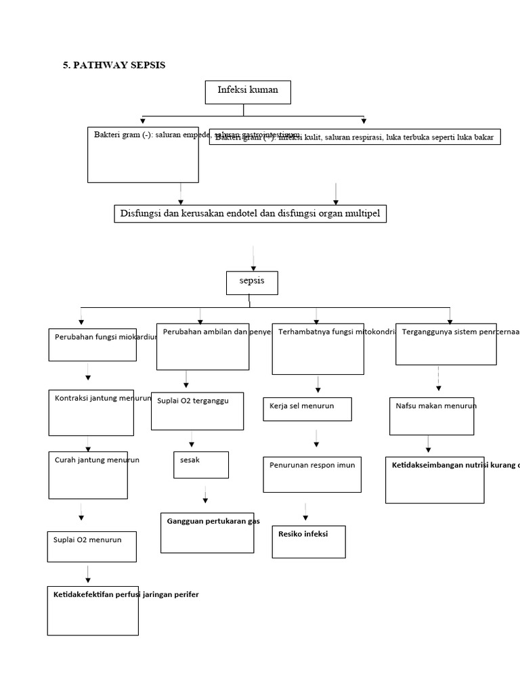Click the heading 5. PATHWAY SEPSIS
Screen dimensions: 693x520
pyautogui.click(x=114, y=65)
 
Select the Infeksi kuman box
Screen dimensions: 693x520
pyautogui.click(x=248, y=92)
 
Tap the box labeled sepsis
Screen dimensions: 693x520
pyautogui.click(x=252, y=283)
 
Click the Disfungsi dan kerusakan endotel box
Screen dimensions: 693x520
pyautogui.click(x=251, y=215)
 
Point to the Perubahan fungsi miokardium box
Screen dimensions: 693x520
pyautogui.click(x=92, y=344)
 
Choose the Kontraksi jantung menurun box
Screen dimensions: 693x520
pyautogui.click(x=91, y=412)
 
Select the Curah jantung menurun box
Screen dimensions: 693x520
pyautogui.click(x=88, y=474)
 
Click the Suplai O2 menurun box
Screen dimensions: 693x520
pyautogui.click(x=92, y=546)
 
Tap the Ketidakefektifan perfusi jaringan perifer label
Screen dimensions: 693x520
pyautogui.click(x=126, y=594)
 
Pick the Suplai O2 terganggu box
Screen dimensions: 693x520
pyautogui.click(x=197, y=411)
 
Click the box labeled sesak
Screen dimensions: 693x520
pyautogui.click(x=200, y=464)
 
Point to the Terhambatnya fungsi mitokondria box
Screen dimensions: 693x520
pyautogui.click(x=318, y=349)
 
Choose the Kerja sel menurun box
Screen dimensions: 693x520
pyautogui.click(x=307, y=409)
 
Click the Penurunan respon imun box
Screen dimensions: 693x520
pyautogui.click(x=312, y=474)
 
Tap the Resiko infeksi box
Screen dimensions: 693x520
pyautogui.click(x=309, y=541)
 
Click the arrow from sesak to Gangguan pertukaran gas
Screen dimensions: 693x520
pyautogui.click(x=205, y=495)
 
